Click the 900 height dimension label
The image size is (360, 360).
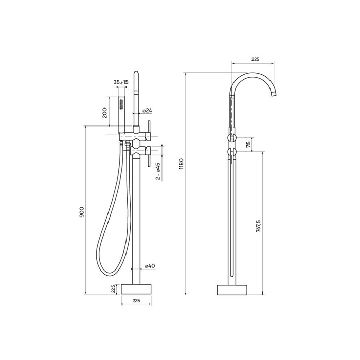point(82,212)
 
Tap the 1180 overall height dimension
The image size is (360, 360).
point(182,164)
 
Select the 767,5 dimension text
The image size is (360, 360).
point(258,226)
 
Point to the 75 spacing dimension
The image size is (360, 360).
point(248,145)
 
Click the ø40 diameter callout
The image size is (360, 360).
point(150,266)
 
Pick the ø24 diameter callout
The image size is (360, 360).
point(147,111)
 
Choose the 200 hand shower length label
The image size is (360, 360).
point(105,113)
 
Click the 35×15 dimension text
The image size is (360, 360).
point(121,82)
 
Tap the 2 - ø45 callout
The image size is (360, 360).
point(158,171)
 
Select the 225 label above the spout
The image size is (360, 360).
point(255,59)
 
